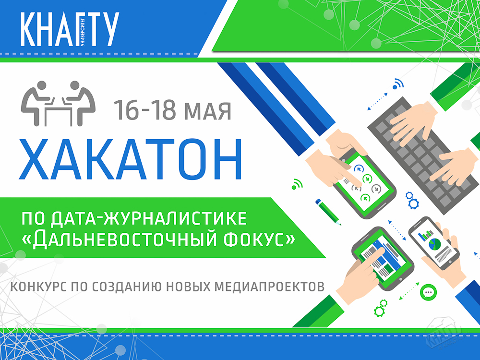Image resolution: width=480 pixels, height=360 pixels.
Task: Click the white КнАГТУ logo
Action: (70, 29)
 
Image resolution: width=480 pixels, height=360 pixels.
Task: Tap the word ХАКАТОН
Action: (131, 159)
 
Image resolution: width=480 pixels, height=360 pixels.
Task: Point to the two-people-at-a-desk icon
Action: (58, 103)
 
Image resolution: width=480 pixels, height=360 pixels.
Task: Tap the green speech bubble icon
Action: (429, 292)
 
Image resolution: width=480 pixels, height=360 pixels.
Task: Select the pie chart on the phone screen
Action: (435, 244)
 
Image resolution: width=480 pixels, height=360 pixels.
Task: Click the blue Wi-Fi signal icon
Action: (398, 84)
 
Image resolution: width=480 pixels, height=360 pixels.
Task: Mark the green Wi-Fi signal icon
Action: (297, 184)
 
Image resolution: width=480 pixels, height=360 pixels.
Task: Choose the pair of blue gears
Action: (412, 200)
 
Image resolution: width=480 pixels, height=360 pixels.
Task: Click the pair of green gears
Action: (381, 308)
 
